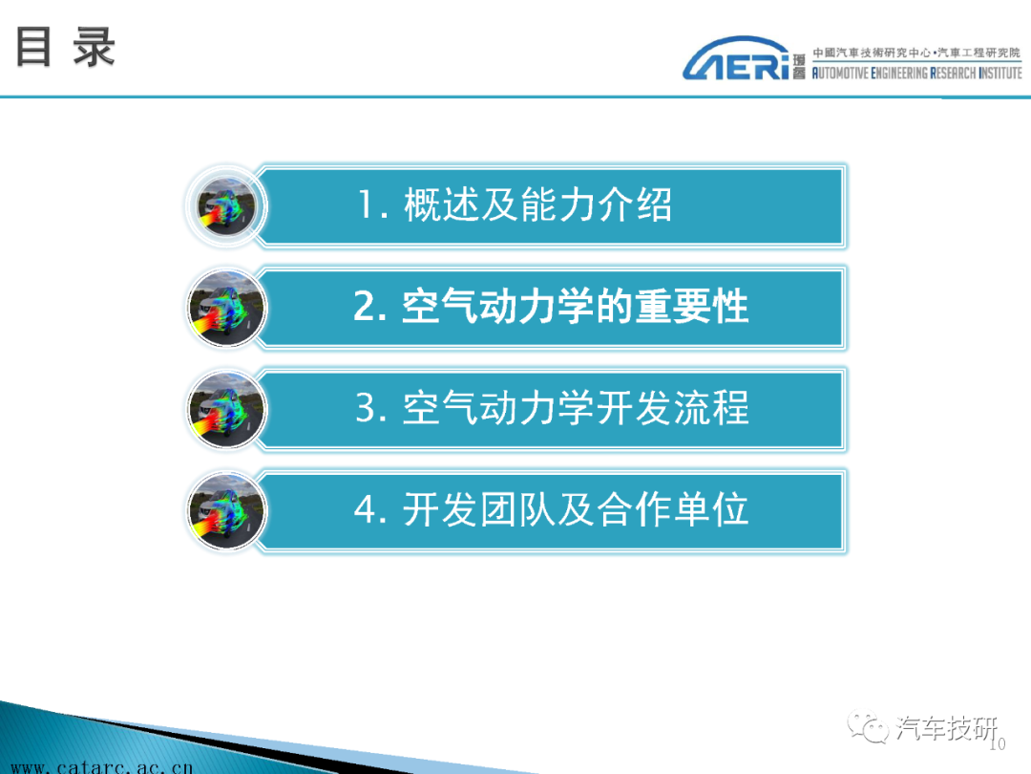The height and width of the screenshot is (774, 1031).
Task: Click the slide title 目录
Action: pyautogui.click(x=65, y=47)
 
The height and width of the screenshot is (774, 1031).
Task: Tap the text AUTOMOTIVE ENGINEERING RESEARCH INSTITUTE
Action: pyautogui.click(x=916, y=73)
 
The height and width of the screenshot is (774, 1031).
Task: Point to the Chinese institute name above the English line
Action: pyautogui.click(x=915, y=53)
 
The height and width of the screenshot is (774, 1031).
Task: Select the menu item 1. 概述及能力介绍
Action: pyautogui.click(x=515, y=204)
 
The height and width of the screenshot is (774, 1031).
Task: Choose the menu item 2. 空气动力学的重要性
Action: pyautogui.click(x=551, y=307)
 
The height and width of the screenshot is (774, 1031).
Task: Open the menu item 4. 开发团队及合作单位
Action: pyautogui.click(x=551, y=509)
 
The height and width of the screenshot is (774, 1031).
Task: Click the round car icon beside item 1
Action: pyautogui.click(x=226, y=206)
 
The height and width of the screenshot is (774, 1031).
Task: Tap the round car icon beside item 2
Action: pyautogui.click(x=227, y=308)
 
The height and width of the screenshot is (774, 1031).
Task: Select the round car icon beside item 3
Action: pyautogui.click(x=227, y=409)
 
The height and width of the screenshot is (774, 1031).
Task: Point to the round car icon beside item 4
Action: pyautogui.click(x=227, y=510)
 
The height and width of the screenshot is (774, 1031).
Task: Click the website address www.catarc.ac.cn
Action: pyautogui.click(x=102, y=766)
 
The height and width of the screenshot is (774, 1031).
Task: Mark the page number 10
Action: pyautogui.click(x=998, y=743)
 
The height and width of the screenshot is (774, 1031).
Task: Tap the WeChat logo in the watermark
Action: pyautogui.click(x=868, y=726)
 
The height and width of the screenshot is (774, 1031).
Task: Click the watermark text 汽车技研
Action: pyautogui.click(x=947, y=728)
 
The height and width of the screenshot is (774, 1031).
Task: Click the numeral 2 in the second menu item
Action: pyautogui.click(x=365, y=307)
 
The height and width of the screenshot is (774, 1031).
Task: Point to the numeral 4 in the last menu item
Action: pyautogui.click(x=366, y=510)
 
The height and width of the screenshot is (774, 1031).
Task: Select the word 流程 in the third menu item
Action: pyautogui.click(x=711, y=408)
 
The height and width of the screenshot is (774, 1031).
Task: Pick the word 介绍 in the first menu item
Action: pyautogui.click(x=635, y=204)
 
